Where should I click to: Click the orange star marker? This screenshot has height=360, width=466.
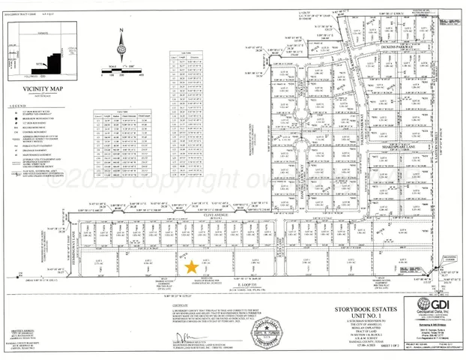click(191, 266)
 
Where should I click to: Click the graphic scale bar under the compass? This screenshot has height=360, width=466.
click(120, 74)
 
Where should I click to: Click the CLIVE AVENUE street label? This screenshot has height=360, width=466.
click(216, 214)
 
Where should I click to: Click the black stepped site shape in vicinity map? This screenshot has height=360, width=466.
click(51, 61)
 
